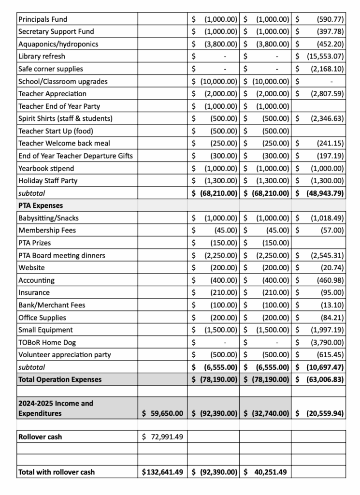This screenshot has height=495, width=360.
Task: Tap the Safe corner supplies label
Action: point(50,69)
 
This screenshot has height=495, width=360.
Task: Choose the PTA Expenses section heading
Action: point(41,205)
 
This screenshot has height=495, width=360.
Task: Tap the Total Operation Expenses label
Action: point(60,379)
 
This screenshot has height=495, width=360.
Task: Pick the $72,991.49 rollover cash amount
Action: point(162,437)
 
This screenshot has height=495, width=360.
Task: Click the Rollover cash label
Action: point(40,437)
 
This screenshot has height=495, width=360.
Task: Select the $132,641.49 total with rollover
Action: point(162,472)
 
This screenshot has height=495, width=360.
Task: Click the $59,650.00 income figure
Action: point(162,413)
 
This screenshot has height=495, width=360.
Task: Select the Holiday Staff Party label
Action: point(48,181)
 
